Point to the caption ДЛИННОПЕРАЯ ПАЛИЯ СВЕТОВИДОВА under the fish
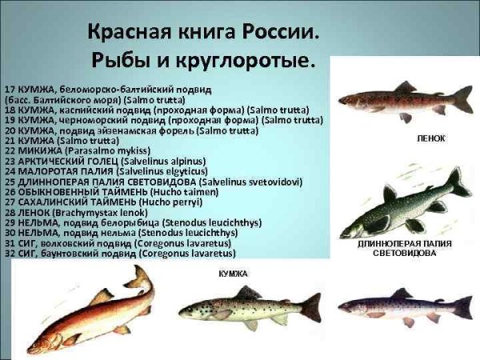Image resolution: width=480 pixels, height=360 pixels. pyautogui.click(x=408, y=247)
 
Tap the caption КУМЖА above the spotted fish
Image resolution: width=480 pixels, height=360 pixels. pyautogui.click(x=233, y=274)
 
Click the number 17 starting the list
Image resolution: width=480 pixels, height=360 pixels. pyautogui.click(x=9, y=85)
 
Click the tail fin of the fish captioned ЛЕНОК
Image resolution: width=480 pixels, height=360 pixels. pyautogui.click(x=462, y=98)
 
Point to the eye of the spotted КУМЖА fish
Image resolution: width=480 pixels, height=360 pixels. pyautogui.click(x=189, y=306)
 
